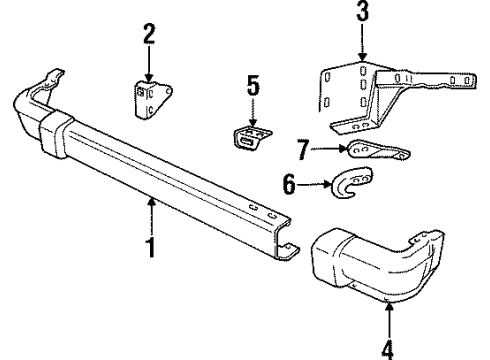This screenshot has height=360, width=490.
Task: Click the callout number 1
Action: (x=151, y=243)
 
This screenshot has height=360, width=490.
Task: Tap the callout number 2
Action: (x=148, y=36)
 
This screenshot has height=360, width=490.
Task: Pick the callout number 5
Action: (x=253, y=87)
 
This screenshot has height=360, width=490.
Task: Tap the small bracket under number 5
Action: (x=253, y=138)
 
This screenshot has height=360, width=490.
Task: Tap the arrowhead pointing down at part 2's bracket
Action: (x=148, y=79)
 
